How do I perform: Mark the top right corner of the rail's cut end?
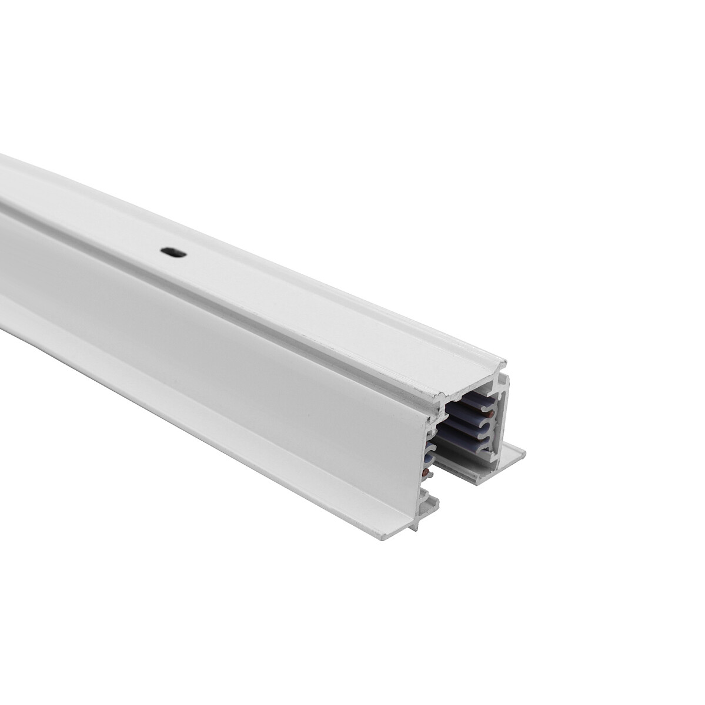pyautogui.click(x=504, y=360)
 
